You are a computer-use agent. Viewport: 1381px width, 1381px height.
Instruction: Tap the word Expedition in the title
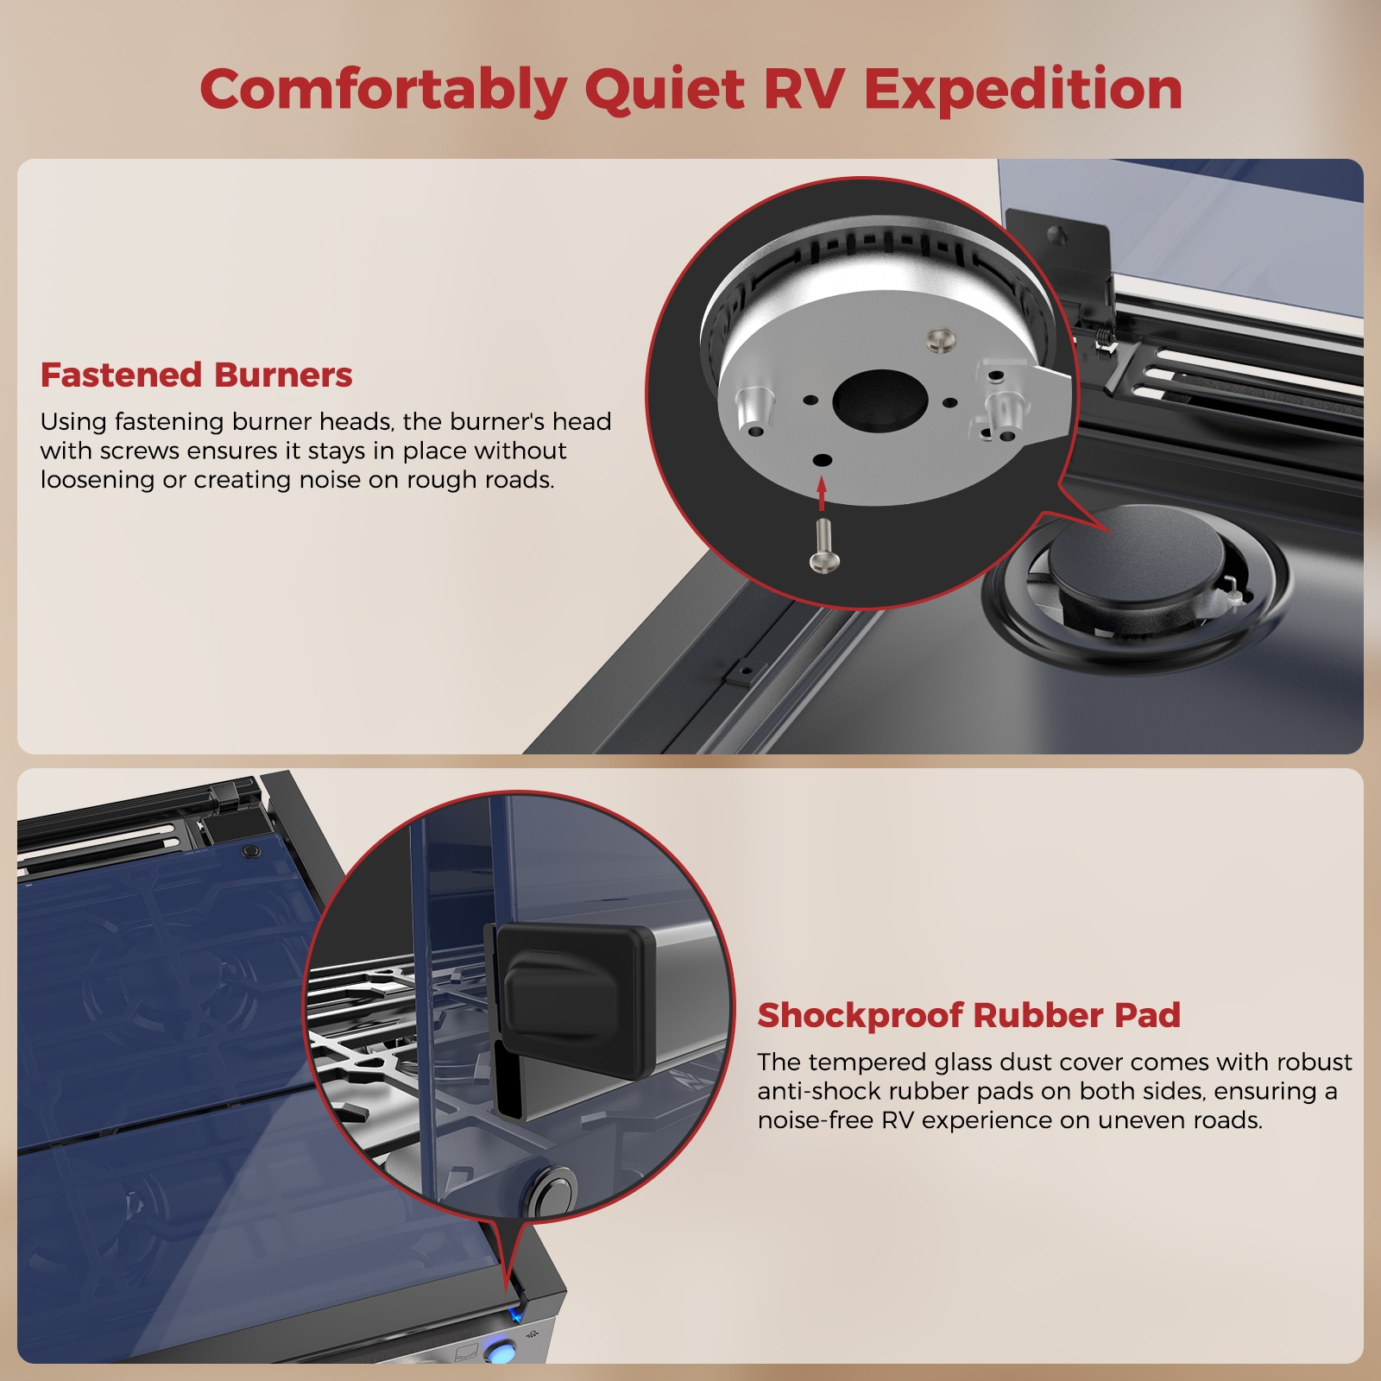click(x=1023, y=90)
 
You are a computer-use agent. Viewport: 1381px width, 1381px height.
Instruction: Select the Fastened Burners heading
click(x=196, y=375)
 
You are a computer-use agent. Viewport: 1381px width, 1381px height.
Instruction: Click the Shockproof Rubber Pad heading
click(x=968, y=1015)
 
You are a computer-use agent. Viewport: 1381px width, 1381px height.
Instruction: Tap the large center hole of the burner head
click(x=880, y=400)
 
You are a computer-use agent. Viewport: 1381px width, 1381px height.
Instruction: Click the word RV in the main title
click(x=804, y=90)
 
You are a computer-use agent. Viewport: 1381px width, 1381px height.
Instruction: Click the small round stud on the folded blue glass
click(x=251, y=851)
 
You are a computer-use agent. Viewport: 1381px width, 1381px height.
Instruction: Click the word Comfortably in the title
click(x=383, y=90)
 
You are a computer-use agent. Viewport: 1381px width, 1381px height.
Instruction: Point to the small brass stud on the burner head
click(x=941, y=338)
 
